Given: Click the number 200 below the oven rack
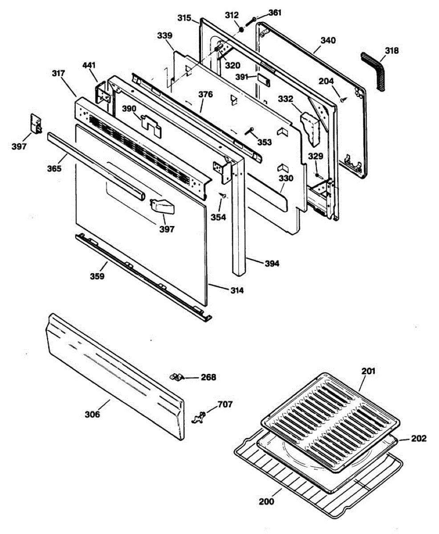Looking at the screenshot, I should point(267,502).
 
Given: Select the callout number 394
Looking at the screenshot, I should point(271,263).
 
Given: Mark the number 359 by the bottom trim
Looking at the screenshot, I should point(97,276).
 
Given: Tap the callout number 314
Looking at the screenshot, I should point(236,291).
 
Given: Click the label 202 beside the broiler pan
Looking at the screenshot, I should point(419,439).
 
